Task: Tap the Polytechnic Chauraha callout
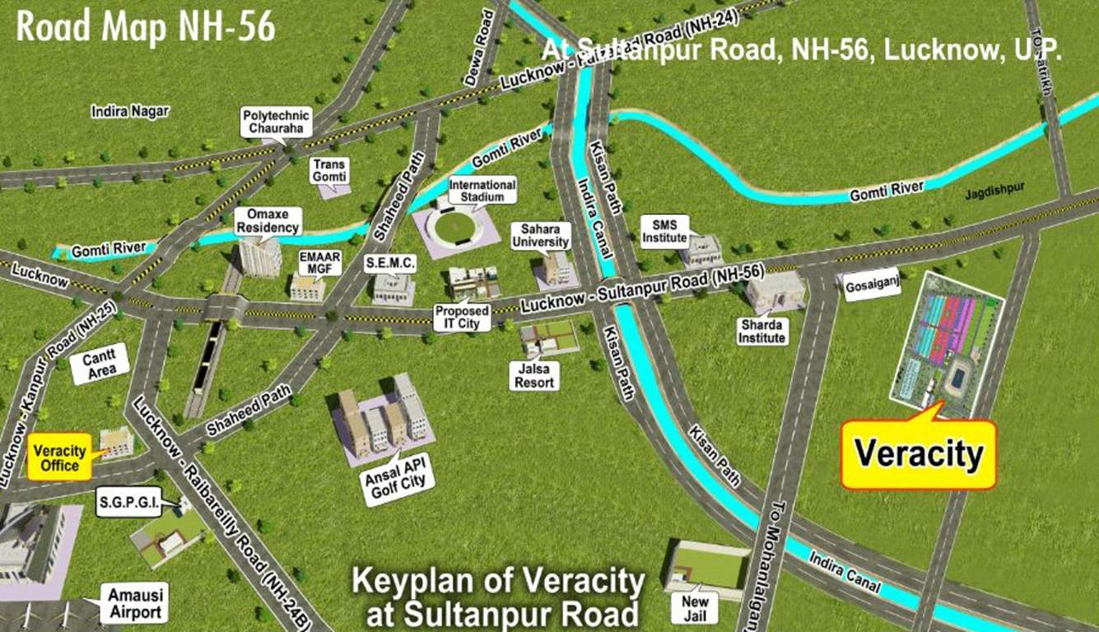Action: (x=267, y=123)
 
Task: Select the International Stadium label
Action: (x=482, y=191)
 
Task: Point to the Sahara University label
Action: (x=540, y=235)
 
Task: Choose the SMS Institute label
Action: (x=664, y=231)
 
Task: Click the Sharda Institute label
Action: (x=762, y=331)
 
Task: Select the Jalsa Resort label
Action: (x=535, y=375)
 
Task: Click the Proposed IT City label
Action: (x=462, y=317)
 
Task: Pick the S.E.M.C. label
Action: (x=391, y=263)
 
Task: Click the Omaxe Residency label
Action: (x=268, y=221)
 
